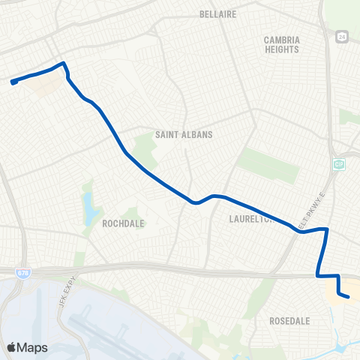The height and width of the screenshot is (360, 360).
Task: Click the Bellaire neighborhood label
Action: (x=218, y=14)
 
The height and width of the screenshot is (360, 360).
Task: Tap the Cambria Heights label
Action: (x=281, y=44)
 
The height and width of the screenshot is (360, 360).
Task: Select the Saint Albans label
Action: (x=184, y=135)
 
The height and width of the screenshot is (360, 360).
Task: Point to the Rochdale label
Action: (x=123, y=223)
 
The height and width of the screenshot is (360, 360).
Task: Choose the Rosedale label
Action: (x=289, y=320)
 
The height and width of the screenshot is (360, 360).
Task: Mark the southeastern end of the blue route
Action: (x=349, y=297)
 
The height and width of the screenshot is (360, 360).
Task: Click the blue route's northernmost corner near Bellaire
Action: (x=64, y=63)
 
